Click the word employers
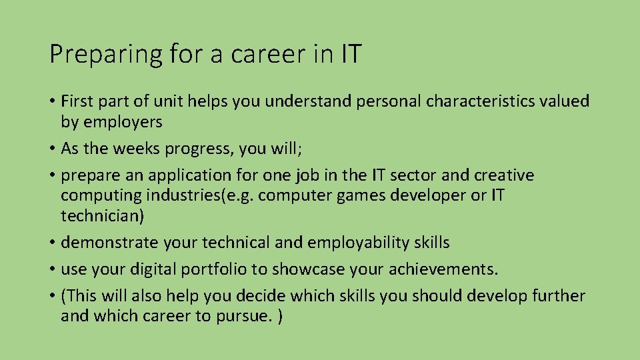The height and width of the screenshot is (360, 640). pos(121,122)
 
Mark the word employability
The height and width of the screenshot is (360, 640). pos(358,243)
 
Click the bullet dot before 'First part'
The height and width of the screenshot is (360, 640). pos(53,102)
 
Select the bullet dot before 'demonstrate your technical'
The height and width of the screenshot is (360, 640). pos(53,243)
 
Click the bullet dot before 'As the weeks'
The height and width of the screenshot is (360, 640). pos(53,149)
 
